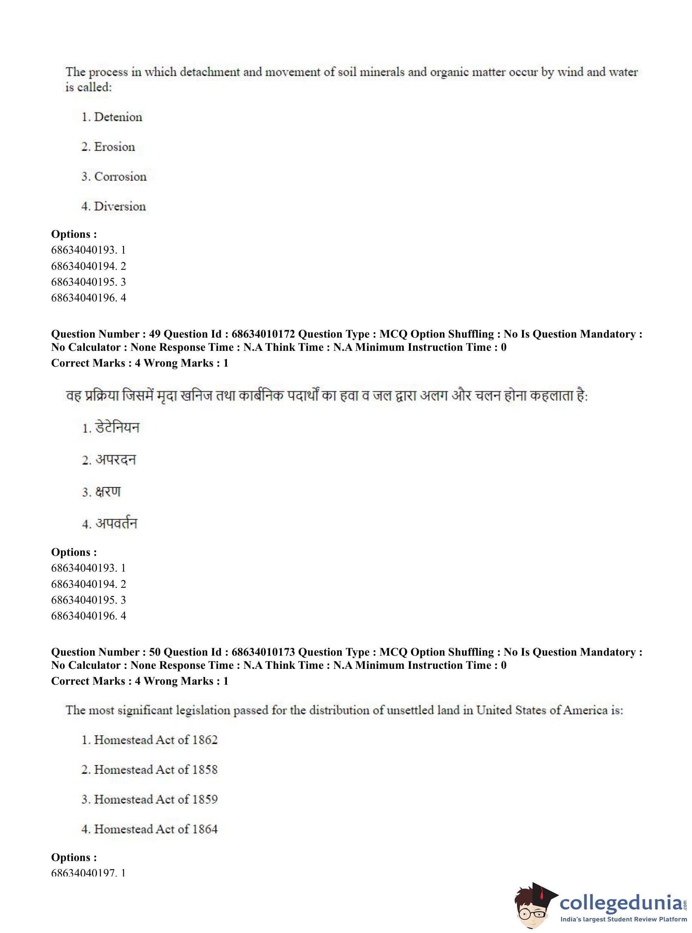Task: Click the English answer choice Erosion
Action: point(114,147)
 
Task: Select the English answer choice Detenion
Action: point(118,117)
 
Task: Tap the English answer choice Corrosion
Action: point(120,177)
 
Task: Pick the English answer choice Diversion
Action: point(119,206)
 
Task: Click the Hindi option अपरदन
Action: point(115,460)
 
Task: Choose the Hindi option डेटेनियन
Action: point(117,428)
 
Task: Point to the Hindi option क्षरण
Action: point(108,492)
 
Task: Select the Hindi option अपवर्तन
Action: point(116,523)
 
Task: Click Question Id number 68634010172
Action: point(263,334)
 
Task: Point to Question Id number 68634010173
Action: point(263,652)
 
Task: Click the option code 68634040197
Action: point(84,873)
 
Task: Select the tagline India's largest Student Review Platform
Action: point(623,919)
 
